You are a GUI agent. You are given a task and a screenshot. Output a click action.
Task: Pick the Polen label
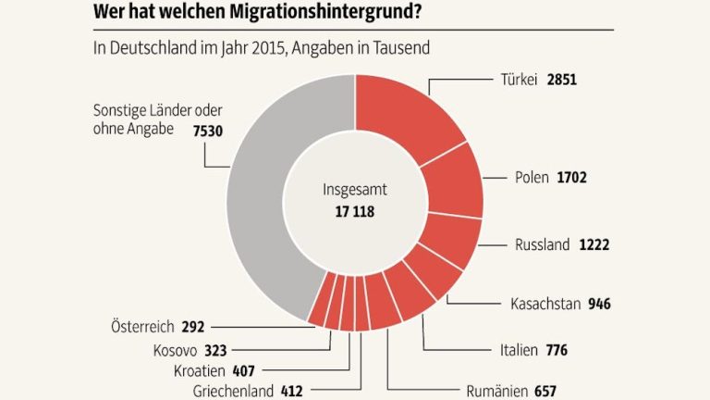(531, 176)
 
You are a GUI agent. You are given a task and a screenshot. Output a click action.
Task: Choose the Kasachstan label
(545, 304)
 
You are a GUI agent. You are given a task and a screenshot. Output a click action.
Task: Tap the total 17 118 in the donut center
(355, 211)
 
